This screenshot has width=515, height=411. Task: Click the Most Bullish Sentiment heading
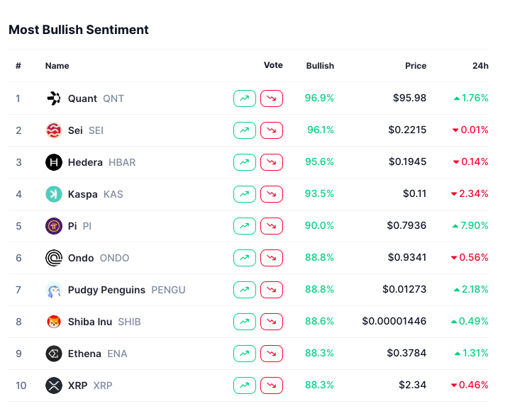click(79, 30)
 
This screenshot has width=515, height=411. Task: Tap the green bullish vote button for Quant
click(244, 98)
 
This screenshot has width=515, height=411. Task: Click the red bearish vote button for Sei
click(272, 130)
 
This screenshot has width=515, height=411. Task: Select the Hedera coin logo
click(54, 162)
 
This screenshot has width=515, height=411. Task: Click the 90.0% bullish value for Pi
click(319, 226)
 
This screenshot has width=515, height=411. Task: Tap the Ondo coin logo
click(54, 258)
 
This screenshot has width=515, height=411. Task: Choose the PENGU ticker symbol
click(168, 290)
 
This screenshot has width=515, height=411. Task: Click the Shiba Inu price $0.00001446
click(394, 322)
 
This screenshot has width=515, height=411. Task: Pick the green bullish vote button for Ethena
click(244, 354)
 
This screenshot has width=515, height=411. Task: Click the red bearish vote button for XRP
click(272, 385)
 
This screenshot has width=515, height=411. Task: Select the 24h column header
click(480, 66)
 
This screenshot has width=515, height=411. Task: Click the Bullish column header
click(320, 66)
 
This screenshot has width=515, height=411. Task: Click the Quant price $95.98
click(410, 98)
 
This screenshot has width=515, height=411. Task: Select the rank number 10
click(21, 385)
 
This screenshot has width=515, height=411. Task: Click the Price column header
click(416, 66)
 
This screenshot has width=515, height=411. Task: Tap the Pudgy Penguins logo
click(54, 290)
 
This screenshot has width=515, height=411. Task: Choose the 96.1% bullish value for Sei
click(321, 130)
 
